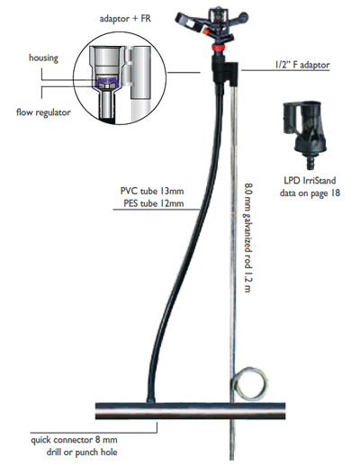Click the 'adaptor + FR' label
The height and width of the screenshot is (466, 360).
[x=125, y=19]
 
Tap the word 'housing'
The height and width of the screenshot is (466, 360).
[x=43, y=58]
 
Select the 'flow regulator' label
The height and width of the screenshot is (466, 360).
[x=43, y=112]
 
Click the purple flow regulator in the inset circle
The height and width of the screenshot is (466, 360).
[x=107, y=80]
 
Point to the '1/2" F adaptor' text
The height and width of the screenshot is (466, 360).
[x=302, y=65]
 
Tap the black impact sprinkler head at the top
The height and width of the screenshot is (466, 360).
[x=212, y=25]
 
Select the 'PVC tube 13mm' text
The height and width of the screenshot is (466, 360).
[x=152, y=191]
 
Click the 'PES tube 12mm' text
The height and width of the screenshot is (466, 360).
[x=154, y=203]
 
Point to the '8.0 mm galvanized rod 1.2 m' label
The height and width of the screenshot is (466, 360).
[x=248, y=237]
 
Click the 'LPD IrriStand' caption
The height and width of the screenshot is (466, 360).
[x=310, y=181]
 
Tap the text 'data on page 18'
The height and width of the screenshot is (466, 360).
[x=310, y=193]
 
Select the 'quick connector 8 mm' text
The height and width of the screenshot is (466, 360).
[x=74, y=440]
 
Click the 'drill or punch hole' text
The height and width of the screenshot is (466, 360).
[x=82, y=453]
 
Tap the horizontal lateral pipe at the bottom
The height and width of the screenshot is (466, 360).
[x=190, y=411]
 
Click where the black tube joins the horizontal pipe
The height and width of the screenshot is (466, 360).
[x=150, y=401]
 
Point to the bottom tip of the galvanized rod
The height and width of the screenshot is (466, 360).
[x=232, y=460]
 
